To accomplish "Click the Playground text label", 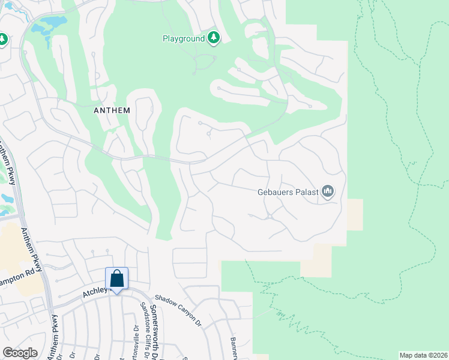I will click(x=184, y=38).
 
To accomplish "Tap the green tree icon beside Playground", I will click(x=214, y=38).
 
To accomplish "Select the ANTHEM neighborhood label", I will click(x=112, y=110).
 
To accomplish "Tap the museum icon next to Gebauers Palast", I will click(x=328, y=191).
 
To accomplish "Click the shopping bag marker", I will click(x=116, y=279).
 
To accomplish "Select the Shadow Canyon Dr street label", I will click(x=178, y=310).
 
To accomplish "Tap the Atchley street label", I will click(x=94, y=292).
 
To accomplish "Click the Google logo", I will click(x=20, y=353).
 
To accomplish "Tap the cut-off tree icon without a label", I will click(x=2, y=39).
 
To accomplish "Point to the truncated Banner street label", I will click(x=234, y=348).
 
